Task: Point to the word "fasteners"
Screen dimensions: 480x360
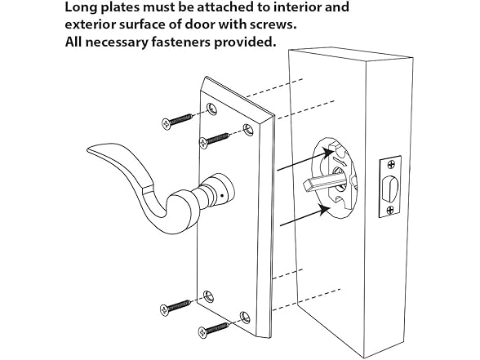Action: click(180, 42)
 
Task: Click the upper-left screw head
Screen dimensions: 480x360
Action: click(167, 123)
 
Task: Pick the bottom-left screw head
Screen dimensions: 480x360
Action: click(165, 309)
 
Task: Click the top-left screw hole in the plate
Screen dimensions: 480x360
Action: click(211, 109)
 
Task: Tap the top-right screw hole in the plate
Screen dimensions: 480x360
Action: click(248, 130)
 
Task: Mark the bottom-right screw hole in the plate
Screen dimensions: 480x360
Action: click(245, 317)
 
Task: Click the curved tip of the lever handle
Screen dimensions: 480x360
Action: click(89, 149)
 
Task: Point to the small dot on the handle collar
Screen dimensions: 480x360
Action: click(222, 196)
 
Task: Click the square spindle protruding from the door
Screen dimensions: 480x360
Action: click(324, 182)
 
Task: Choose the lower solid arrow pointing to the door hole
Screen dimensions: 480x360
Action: click(305, 215)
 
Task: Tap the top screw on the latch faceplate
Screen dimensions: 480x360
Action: click(391, 165)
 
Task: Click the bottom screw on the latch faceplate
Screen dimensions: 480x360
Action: click(390, 210)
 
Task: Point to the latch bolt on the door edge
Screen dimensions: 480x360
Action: click(388, 189)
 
